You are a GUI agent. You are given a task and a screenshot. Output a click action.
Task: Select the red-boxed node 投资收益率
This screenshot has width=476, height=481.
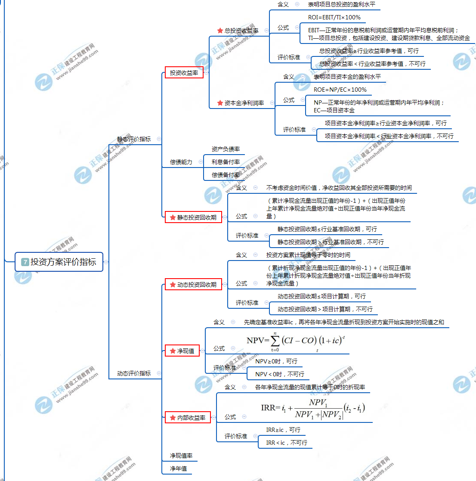pyautogui.click(x=184, y=73)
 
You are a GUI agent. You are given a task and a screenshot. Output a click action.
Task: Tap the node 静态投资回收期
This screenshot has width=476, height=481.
pyautogui.click(x=193, y=217)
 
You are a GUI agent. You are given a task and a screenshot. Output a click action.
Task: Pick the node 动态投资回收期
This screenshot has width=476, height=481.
pyautogui.click(x=193, y=285)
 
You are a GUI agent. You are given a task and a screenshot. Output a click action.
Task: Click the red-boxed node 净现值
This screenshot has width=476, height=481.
pyautogui.click(x=182, y=351)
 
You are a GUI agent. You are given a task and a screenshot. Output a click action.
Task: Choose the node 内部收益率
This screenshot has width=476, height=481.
pyautogui.click(x=188, y=418)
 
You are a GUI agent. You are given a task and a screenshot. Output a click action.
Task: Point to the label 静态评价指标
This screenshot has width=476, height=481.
pyautogui.click(x=134, y=139)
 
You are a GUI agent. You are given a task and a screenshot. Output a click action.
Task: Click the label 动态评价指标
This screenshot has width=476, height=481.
pyautogui.click(x=134, y=373)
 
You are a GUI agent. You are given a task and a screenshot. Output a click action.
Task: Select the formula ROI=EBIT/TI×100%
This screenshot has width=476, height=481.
pyautogui.click(x=334, y=17)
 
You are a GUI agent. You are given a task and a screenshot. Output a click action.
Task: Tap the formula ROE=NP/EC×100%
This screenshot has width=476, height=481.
pyautogui.click(x=340, y=90)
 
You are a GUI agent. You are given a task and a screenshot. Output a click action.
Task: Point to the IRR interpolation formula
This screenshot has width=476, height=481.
pyautogui.click(x=313, y=408)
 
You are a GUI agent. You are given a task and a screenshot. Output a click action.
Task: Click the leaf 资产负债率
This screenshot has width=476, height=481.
pyautogui.click(x=226, y=149)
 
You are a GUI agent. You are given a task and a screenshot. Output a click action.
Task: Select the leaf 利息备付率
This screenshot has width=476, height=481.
pyautogui.click(x=226, y=162)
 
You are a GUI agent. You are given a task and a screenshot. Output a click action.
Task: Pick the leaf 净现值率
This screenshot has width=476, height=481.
pyautogui.click(x=181, y=456)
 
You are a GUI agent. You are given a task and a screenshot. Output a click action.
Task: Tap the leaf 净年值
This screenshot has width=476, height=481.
pyautogui.click(x=178, y=469)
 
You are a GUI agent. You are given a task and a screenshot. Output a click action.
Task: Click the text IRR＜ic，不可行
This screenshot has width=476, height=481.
pyautogui.click(x=286, y=443)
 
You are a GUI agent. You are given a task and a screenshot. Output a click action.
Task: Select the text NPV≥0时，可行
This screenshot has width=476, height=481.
pyautogui.click(x=276, y=361)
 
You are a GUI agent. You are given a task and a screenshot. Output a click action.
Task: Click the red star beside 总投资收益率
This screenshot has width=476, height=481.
pyautogui.click(x=220, y=31)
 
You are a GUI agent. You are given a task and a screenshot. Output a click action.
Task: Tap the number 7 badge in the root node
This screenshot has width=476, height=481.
pyautogui.click(x=25, y=262)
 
